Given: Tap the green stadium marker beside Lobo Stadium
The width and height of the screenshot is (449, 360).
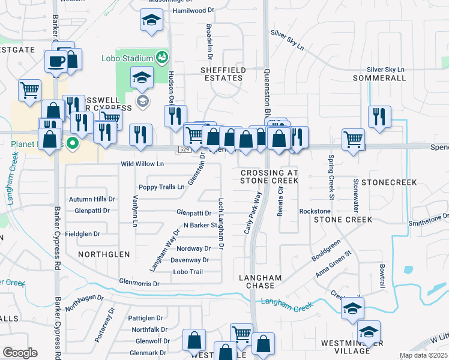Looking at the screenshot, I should (161, 58).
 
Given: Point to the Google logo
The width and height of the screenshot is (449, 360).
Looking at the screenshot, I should (20, 353).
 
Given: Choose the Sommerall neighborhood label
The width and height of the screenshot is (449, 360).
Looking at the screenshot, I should (379, 78).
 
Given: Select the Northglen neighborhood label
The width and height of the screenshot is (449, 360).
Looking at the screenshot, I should (104, 254).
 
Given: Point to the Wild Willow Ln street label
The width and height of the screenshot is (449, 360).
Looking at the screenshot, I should (142, 164).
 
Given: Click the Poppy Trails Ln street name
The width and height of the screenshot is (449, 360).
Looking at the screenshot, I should (161, 187).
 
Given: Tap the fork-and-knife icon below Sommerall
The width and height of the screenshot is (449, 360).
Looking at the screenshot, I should (379, 115).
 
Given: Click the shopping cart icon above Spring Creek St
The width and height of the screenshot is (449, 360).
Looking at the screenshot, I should (353, 139).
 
